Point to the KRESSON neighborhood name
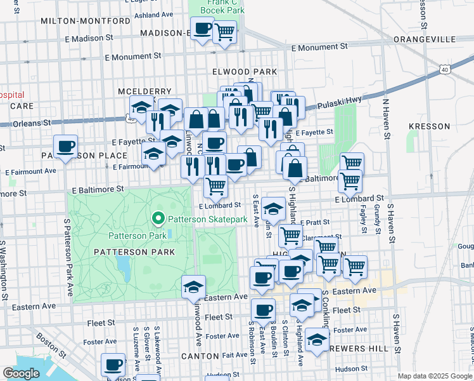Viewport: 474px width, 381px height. pos(429,127)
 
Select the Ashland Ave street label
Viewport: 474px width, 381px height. pos(155,14)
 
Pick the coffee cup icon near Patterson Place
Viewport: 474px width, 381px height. pos(65,147)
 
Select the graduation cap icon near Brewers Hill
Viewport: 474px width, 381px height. pos(317,340)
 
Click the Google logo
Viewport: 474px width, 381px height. pos(20,373)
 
